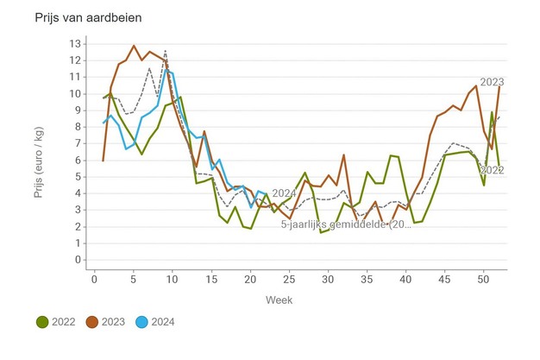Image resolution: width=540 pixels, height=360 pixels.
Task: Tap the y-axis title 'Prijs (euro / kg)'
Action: [x=39, y=152]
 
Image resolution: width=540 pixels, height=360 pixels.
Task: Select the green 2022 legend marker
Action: [x=41, y=322]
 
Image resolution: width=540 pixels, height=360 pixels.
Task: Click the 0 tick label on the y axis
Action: [x=78, y=260]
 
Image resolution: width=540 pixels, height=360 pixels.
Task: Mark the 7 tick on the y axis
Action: [x=78, y=143]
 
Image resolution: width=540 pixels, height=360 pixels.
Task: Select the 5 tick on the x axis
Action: [x=134, y=278]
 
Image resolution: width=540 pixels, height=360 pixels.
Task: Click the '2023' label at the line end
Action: [x=492, y=82]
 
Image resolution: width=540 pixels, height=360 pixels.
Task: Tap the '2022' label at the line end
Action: [x=492, y=171]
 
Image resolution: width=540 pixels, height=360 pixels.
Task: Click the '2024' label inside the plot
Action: [x=284, y=193]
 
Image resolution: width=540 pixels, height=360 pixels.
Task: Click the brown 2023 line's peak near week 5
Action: [x=134, y=46]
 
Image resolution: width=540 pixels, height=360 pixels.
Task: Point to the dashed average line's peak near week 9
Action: [x=165, y=51]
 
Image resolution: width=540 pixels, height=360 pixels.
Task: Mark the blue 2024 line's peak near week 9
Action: [x=166, y=70]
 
